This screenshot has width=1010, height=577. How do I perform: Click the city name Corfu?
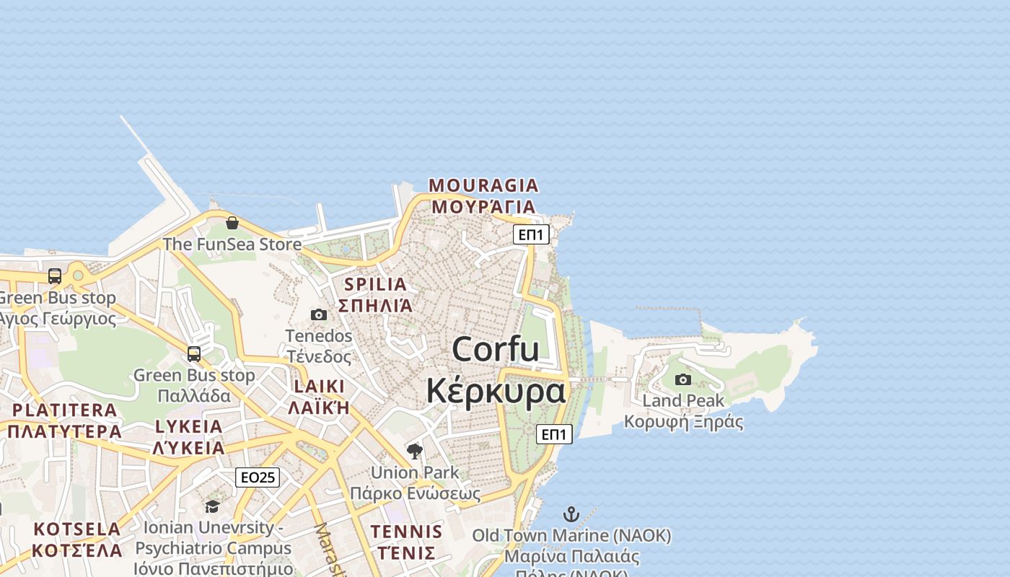coord(496,350)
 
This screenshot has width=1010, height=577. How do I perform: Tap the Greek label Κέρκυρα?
coord(496,391)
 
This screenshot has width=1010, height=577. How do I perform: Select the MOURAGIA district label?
coord(483,185)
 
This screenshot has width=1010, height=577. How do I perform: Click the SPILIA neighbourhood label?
coord(375,284)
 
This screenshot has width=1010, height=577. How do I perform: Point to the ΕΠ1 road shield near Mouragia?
coord(531,234)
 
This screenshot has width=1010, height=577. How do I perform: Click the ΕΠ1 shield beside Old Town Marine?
coord(554,433)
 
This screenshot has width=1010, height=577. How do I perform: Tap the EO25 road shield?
coord(258,477)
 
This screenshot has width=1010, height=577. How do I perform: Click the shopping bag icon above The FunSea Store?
coord(232,223)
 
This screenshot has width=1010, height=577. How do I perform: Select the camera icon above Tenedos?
coord(318,314)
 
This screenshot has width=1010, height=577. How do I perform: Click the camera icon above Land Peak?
coord(682,379)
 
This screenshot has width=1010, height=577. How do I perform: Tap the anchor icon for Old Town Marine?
coord(571,514)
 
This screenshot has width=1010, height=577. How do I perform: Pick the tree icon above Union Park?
coord(414,452)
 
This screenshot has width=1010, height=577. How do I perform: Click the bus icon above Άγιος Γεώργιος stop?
coord(55,276)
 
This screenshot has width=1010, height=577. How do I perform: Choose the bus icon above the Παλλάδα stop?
coord(194,354)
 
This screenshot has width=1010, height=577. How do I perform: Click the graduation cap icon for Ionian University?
coord(212,506)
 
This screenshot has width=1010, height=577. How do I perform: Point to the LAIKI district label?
coord(319,386)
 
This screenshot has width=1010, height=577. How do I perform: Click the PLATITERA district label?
coord(65,410)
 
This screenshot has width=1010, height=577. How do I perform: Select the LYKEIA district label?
coord(189,426)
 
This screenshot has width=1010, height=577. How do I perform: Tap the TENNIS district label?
coord(406,532)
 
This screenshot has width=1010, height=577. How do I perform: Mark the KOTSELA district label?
coord(77,529)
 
